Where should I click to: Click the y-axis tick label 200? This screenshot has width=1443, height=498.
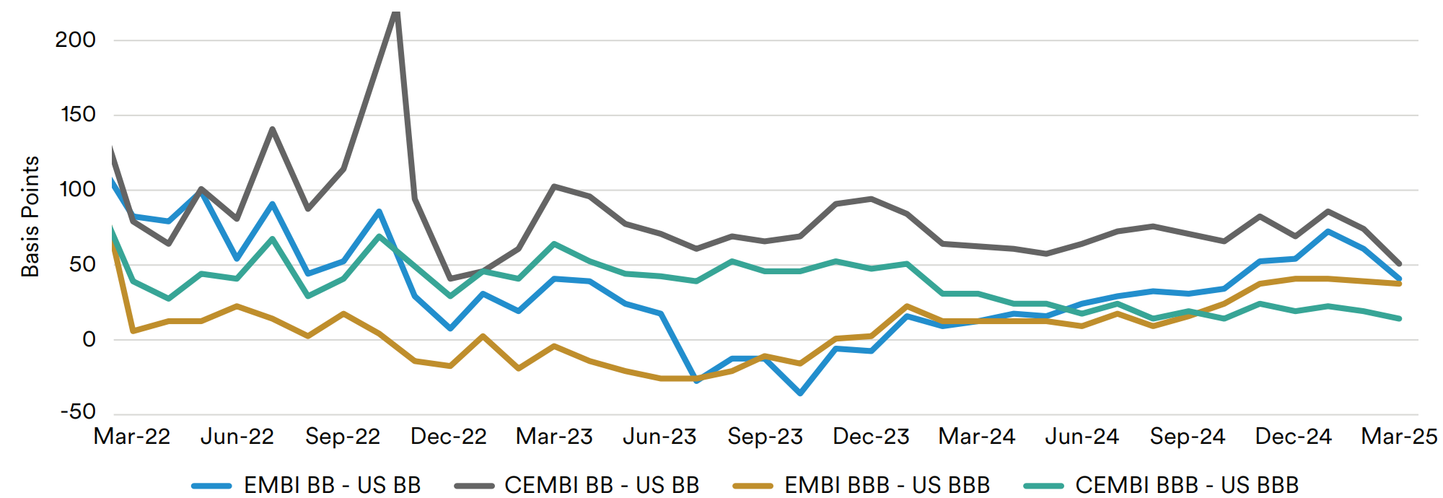(x=75, y=40)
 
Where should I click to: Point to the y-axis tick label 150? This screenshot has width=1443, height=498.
(x=77, y=115)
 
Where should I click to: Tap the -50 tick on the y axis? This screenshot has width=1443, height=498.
(x=78, y=412)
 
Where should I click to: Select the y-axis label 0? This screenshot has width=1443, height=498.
(x=89, y=339)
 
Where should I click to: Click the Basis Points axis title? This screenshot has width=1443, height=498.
(x=30, y=217)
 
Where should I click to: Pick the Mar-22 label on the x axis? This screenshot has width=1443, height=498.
(x=132, y=437)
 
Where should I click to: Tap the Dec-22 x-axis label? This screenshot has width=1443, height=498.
(x=448, y=437)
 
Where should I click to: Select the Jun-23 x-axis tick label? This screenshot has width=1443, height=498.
(x=659, y=437)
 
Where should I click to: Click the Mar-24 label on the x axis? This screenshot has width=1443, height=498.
(x=976, y=437)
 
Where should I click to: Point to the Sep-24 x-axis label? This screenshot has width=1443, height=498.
(x=1187, y=437)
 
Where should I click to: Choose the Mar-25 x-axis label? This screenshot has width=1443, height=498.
(x=1399, y=437)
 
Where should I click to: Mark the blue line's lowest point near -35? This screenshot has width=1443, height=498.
(x=800, y=393)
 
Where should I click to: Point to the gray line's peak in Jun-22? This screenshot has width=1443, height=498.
(x=272, y=129)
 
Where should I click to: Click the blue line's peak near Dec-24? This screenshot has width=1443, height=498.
(x=1328, y=232)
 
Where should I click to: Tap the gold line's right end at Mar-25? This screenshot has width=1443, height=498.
(x=1399, y=284)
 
